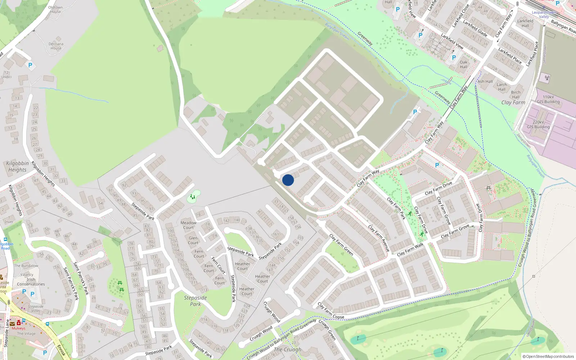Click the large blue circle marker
[x=288, y=180]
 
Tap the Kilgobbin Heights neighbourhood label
[x=17, y=166]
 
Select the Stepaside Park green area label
[x=195, y=301]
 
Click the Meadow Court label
[x=188, y=225]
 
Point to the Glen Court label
[x=193, y=240]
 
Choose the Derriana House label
[x=56, y=46]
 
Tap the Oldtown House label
[x=55, y=9]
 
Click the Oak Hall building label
[x=464, y=64]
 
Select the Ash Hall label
[x=485, y=81]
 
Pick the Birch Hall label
[x=516, y=95]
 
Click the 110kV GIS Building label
[x=548, y=99]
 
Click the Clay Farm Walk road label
[x=410, y=249]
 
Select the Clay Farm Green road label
[x=341, y=245]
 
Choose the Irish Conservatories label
[x=31, y=282]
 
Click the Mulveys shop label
[x=18, y=328]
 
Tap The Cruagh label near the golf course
[x=288, y=349]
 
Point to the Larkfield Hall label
[x=525, y=23]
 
